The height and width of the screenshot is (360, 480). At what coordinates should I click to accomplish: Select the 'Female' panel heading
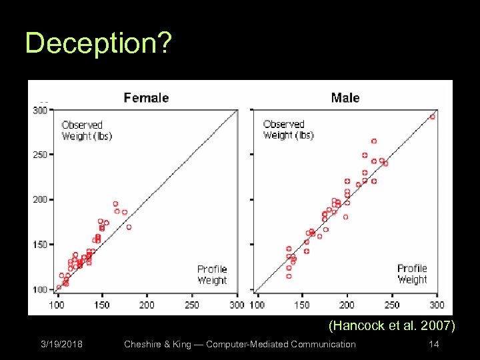pyautogui.click(x=146, y=98)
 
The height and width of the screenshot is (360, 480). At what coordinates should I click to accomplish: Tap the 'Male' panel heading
pyautogui.click(x=345, y=98)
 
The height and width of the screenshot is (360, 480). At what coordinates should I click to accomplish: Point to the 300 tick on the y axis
pyautogui.click(x=41, y=110)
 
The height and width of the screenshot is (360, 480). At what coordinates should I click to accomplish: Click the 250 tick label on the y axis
pyautogui.click(x=41, y=155)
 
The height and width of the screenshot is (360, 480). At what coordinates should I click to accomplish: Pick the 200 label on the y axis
pyautogui.click(x=41, y=199)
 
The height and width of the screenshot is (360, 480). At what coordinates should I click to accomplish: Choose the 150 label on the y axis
pyautogui.click(x=41, y=245)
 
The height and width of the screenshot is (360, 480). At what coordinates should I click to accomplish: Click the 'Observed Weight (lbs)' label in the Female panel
pyautogui.click(x=87, y=131)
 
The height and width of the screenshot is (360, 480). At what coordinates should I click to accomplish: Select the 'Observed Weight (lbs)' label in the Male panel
pyautogui.click(x=288, y=130)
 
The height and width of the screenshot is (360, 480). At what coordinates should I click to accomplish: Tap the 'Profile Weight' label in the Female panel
pyautogui.click(x=212, y=275)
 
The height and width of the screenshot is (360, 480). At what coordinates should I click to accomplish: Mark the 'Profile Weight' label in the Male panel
pyautogui.click(x=412, y=274)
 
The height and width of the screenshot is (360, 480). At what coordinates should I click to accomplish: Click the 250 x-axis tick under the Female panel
pyautogui.click(x=191, y=305)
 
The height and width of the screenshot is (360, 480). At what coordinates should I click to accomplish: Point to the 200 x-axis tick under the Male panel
pyautogui.click(x=347, y=305)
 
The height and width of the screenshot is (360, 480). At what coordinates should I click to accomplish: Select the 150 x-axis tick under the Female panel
pyautogui.click(x=101, y=305)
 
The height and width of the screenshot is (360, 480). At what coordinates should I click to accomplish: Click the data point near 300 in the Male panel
pyautogui.click(x=432, y=117)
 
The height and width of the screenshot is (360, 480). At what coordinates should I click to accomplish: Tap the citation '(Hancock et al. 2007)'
pyautogui.click(x=392, y=326)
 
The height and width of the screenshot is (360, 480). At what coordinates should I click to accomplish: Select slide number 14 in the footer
pyautogui.click(x=434, y=345)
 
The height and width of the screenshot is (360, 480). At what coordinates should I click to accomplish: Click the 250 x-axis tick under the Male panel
pyautogui.click(x=392, y=305)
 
